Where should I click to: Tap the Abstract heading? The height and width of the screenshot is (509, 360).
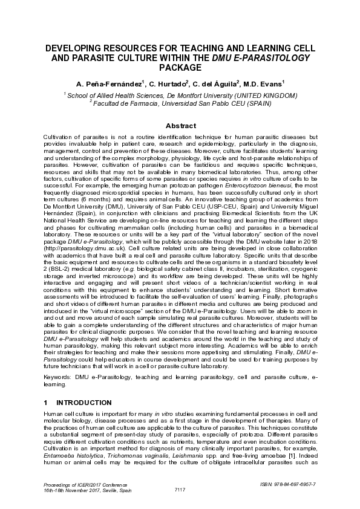[x=180, y=126]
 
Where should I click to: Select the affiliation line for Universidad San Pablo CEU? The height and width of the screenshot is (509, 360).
[x=180, y=103]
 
